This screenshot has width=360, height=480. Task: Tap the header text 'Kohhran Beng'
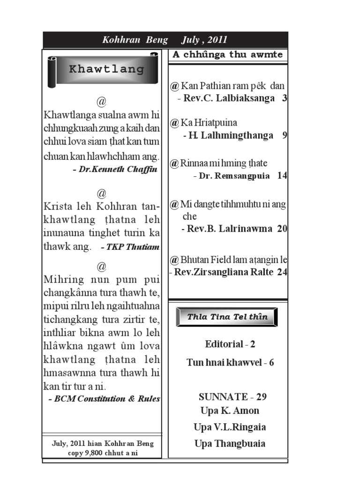coord(135,40)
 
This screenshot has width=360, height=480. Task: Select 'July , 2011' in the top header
coord(205,40)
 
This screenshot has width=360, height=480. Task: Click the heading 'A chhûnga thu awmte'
coord(227,54)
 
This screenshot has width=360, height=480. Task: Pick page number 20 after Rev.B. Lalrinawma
coord(282,229)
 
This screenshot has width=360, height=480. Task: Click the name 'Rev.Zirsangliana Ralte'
coord(223,272)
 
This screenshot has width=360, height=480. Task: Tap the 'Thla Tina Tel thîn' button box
coord(227,317)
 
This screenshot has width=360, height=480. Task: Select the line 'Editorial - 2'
coord(230,345)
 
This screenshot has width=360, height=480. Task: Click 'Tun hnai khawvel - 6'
coord(230,362)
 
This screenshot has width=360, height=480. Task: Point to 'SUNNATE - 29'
coord(232,397)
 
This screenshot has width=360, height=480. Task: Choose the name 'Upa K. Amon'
coord(230,411)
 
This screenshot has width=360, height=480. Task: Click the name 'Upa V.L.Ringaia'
coord(230,427)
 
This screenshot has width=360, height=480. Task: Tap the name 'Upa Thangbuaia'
coord(230,443)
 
